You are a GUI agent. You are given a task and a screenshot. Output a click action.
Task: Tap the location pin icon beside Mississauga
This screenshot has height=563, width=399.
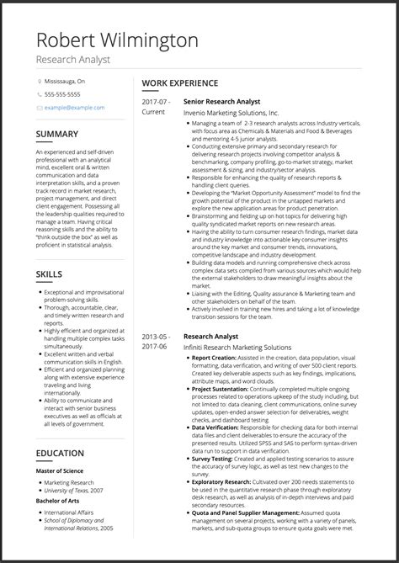(40, 82)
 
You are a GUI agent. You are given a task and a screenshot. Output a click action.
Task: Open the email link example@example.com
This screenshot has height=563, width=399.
(75, 108)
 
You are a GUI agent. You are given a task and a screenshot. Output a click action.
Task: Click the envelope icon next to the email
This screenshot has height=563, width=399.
(40, 108)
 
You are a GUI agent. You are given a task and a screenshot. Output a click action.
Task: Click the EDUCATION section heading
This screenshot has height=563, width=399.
(60, 454)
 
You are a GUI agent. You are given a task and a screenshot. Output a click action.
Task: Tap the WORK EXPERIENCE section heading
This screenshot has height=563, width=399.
(180, 83)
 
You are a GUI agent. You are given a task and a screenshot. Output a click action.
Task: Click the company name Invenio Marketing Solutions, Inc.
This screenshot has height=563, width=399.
(231, 112)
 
